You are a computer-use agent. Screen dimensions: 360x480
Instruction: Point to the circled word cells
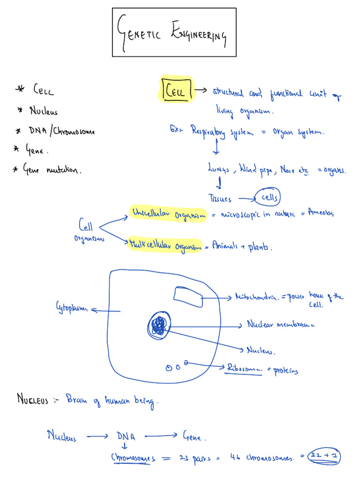point(269,198)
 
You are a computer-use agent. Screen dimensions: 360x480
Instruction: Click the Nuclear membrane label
point(280,324)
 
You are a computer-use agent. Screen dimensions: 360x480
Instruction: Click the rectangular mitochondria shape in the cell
point(188,297)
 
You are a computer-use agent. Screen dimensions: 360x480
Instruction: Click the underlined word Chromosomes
point(133,457)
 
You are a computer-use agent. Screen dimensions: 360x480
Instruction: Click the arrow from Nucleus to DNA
point(97,437)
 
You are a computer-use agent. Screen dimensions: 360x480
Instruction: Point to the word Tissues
point(220,199)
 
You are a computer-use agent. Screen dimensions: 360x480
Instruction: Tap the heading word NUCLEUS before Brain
point(33,400)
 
